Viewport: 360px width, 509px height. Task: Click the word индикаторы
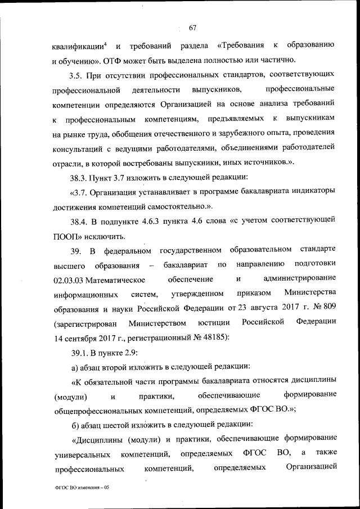[310, 192]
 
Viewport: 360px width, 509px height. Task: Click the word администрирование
[299, 279]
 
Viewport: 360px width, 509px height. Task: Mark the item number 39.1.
[80, 353]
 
